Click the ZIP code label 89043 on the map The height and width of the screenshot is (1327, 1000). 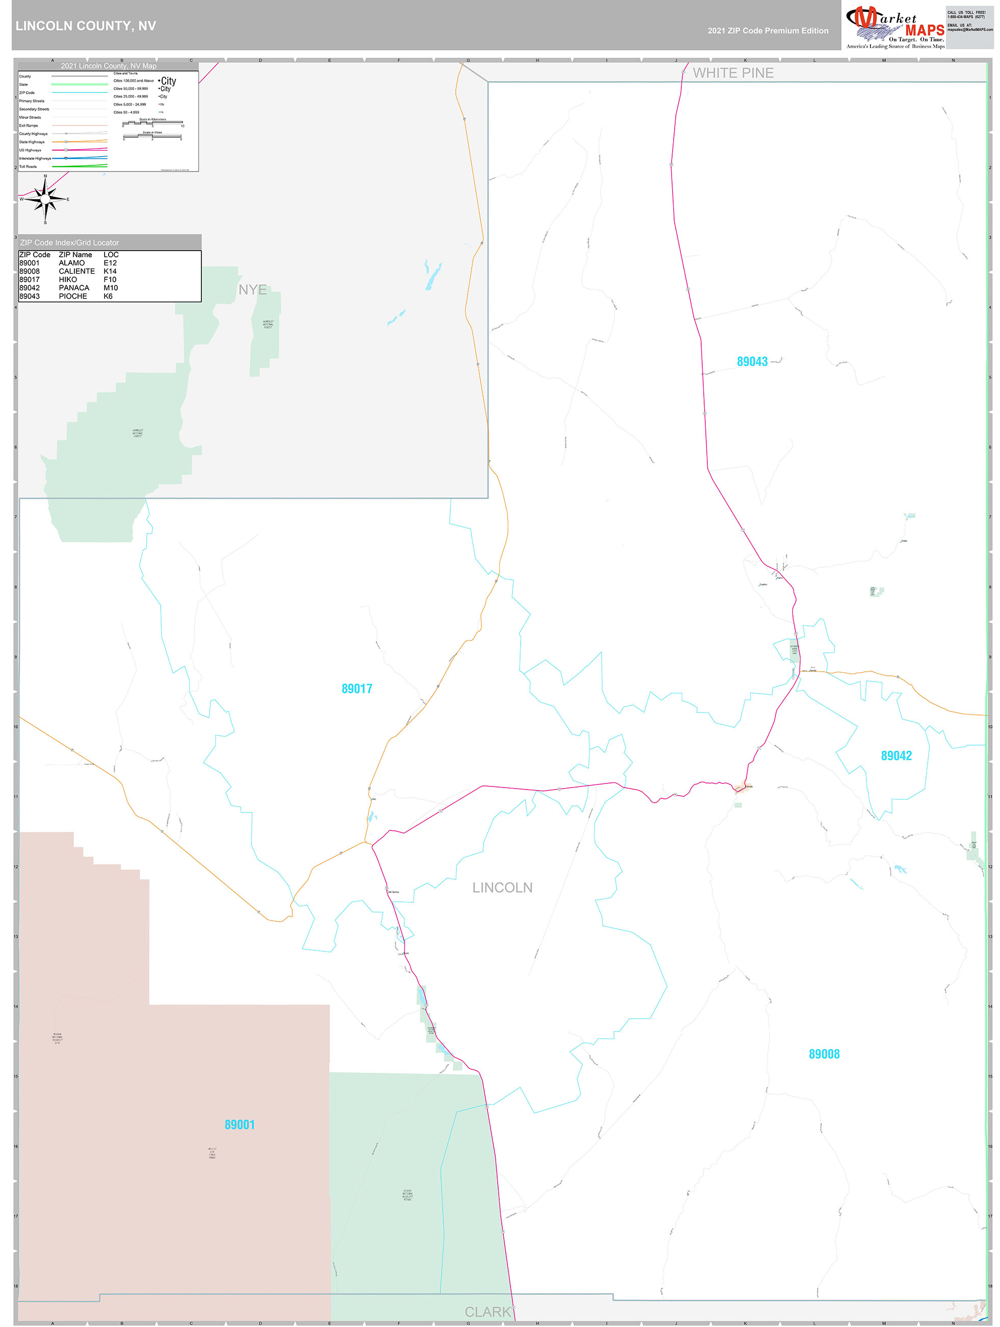coord(752,362)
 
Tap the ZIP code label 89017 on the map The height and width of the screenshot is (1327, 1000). coord(357,689)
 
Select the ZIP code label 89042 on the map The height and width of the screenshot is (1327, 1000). coord(895,756)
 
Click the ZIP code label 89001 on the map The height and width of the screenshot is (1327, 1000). coord(239,1125)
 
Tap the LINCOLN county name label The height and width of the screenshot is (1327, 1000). coord(502,888)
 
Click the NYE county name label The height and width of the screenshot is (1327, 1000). coord(252,290)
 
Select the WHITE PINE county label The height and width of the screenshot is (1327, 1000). coord(733,73)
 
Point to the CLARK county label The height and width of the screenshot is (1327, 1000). coord(488,1312)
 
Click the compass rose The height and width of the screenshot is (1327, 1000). coord(45,199)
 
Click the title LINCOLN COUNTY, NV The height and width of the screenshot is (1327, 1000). coord(86,26)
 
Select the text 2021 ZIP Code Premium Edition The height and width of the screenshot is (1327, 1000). coord(767,31)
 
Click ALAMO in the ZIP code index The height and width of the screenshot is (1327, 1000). coord(71,263)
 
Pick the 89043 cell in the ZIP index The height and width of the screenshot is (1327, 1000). coord(30,297)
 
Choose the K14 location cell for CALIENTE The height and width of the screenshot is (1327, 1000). coord(110,271)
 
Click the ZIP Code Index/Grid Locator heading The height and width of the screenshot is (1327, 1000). coord(69,242)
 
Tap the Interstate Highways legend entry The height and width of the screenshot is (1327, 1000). coord(35,158)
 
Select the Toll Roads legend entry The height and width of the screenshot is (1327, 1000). coord(28,167)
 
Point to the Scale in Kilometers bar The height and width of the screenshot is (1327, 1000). coord(153,123)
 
